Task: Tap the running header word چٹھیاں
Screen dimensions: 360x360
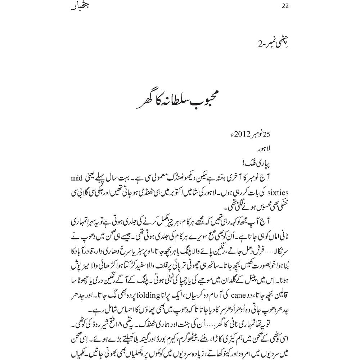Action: pos(79,6)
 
